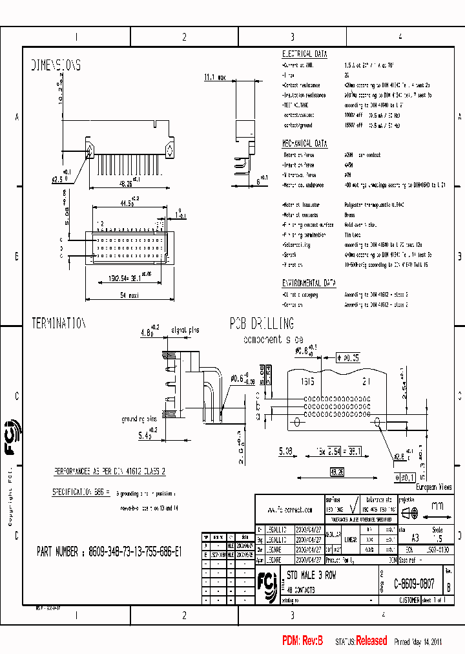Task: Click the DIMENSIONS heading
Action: [x=56, y=65]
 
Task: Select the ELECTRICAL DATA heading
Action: [x=305, y=54]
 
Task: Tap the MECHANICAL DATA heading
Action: [x=305, y=143]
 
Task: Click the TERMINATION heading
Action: [x=59, y=324]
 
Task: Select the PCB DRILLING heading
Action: [x=262, y=324]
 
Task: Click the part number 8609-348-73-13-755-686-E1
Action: [x=109, y=553]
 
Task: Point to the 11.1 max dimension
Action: [x=214, y=78]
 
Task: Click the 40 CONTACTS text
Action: [x=301, y=590]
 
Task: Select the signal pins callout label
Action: [x=185, y=330]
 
